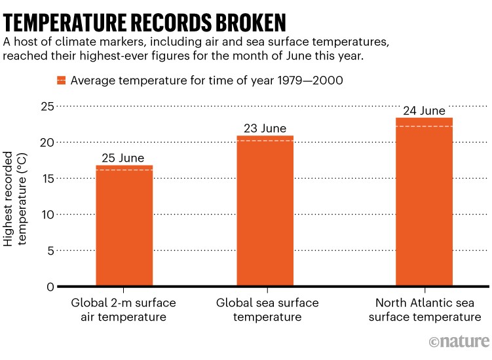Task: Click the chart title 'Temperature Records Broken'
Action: [145, 21]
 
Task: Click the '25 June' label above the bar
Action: [124, 157]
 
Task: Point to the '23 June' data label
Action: [265, 128]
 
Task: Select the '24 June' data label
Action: [424, 111]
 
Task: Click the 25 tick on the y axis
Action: [46, 106]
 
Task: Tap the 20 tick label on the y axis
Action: [46, 142]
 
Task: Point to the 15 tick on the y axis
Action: [46, 178]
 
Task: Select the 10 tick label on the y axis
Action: [46, 215]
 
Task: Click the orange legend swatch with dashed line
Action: [61, 81]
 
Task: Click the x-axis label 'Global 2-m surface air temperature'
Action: [124, 310]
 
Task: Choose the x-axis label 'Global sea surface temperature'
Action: [267, 310]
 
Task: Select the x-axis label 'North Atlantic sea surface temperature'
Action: [425, 310]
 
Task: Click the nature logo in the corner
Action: [459, 342]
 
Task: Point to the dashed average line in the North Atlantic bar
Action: [424, 126]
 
